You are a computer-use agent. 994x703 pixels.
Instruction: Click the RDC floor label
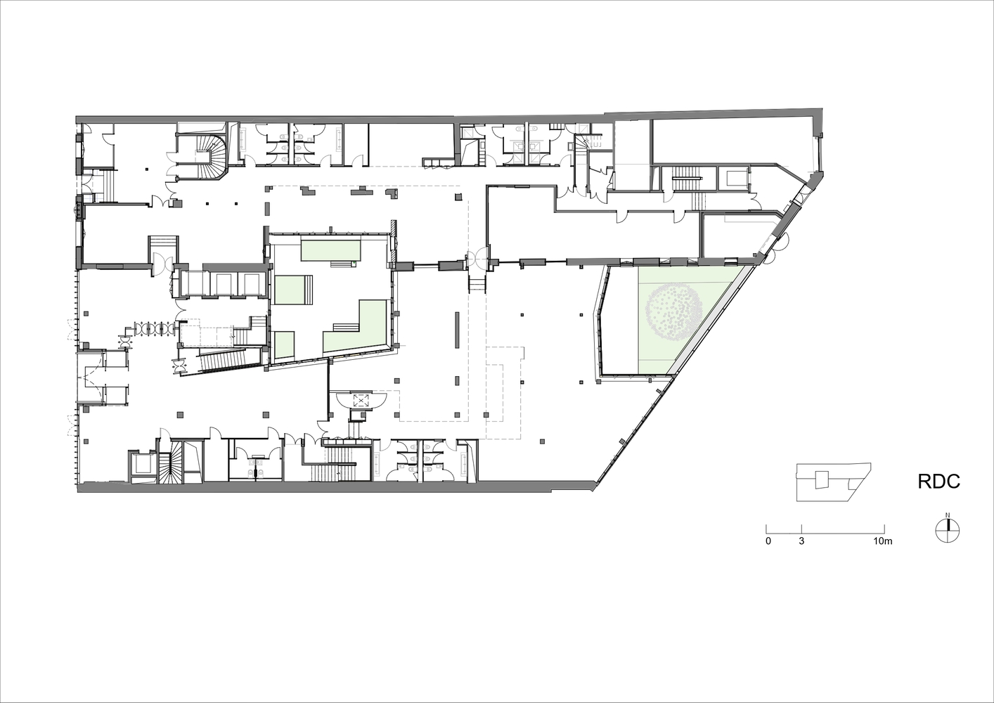click(938, 482)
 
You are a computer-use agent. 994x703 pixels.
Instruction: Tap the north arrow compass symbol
click(947, 530)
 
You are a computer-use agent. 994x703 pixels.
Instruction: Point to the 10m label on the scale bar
click(882, 541)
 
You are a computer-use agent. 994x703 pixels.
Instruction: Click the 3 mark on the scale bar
click(801, 541)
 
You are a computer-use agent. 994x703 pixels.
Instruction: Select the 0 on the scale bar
click(768, 541)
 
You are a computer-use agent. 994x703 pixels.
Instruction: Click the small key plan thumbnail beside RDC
click(833, 482)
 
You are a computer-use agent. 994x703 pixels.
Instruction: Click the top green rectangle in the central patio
click(330, 249)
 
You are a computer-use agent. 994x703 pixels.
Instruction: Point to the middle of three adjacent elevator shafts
click(225, 283)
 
